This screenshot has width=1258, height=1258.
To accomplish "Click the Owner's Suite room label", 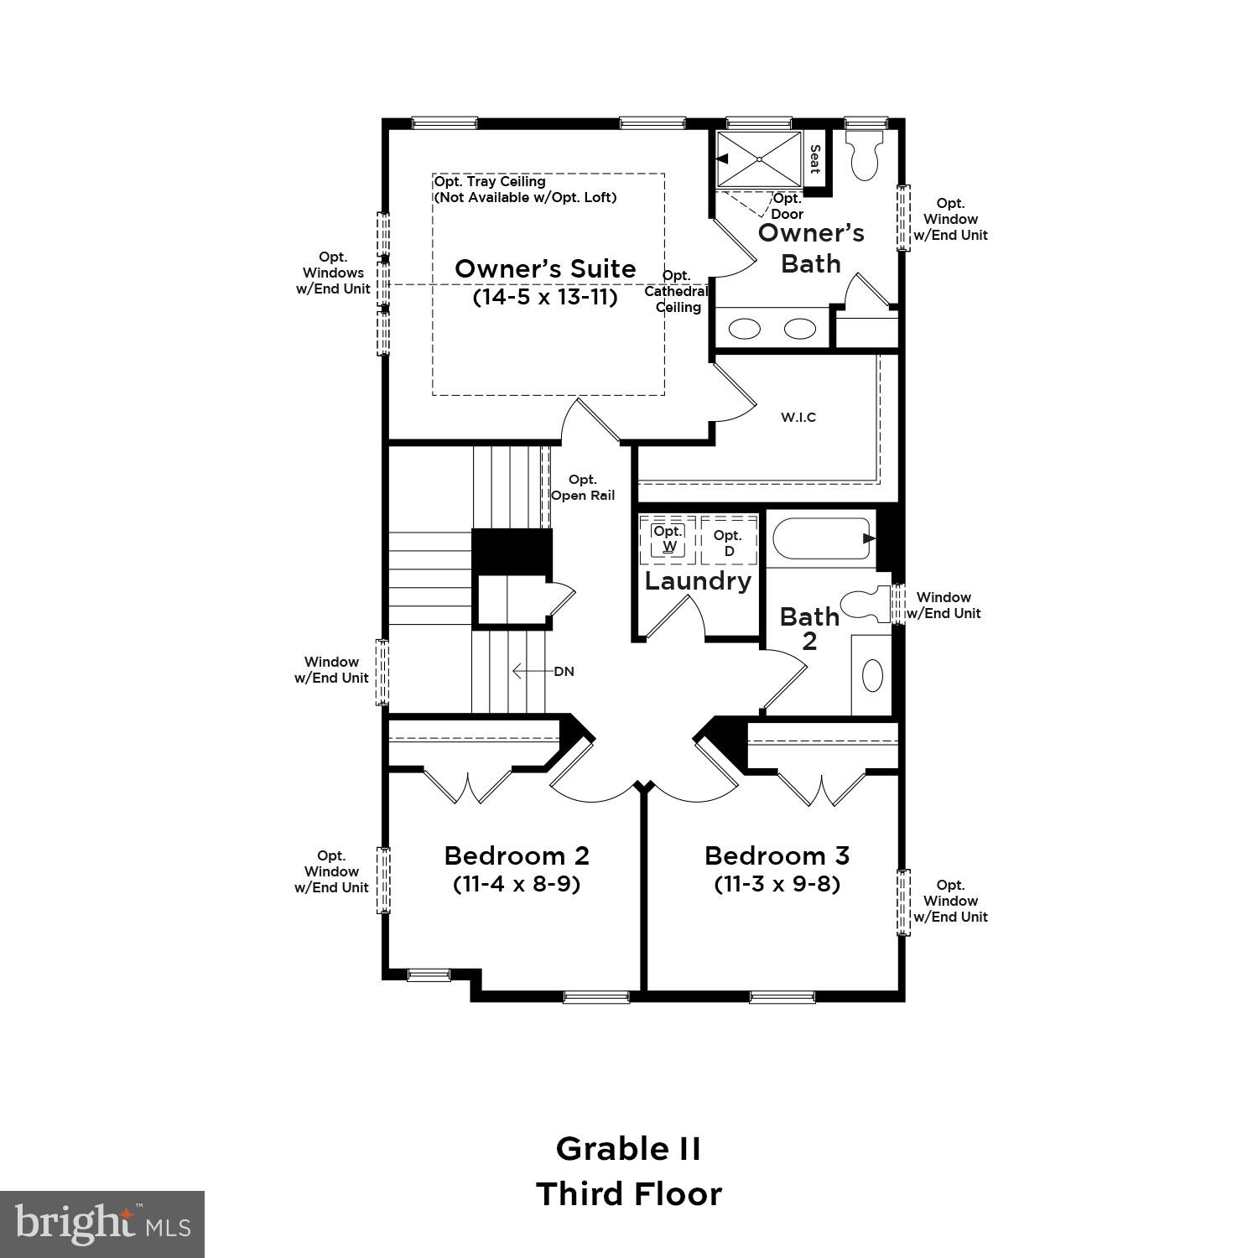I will click(545, 268).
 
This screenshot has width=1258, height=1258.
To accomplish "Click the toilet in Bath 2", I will click(864, 605).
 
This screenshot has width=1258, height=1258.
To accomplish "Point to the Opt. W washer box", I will click(668, 539).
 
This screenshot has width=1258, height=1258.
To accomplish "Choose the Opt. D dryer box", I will click(728, 543).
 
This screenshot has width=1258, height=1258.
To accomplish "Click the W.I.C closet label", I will click(798, 417).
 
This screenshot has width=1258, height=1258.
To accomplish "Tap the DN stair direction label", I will click(564, 671).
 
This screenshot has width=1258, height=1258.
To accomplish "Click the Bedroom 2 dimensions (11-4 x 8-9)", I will click(517, 883).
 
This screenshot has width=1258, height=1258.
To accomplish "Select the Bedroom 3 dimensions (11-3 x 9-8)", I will click(777, 883).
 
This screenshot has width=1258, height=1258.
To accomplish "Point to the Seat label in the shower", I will click(814, 159).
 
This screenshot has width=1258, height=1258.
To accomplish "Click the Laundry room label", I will click(698, 580).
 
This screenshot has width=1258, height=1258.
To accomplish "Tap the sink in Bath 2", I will click(872, 675).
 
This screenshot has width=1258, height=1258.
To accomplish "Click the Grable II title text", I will click(628, 1148).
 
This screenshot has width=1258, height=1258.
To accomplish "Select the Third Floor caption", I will click(628, 1193).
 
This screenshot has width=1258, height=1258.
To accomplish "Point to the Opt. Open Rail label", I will click(583, 487).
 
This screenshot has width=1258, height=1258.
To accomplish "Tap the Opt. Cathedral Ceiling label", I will click(677, 291).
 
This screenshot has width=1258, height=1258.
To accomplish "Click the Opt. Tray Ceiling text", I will click(490, 181).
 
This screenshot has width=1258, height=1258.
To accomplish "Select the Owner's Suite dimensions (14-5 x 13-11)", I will click(545, 297).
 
